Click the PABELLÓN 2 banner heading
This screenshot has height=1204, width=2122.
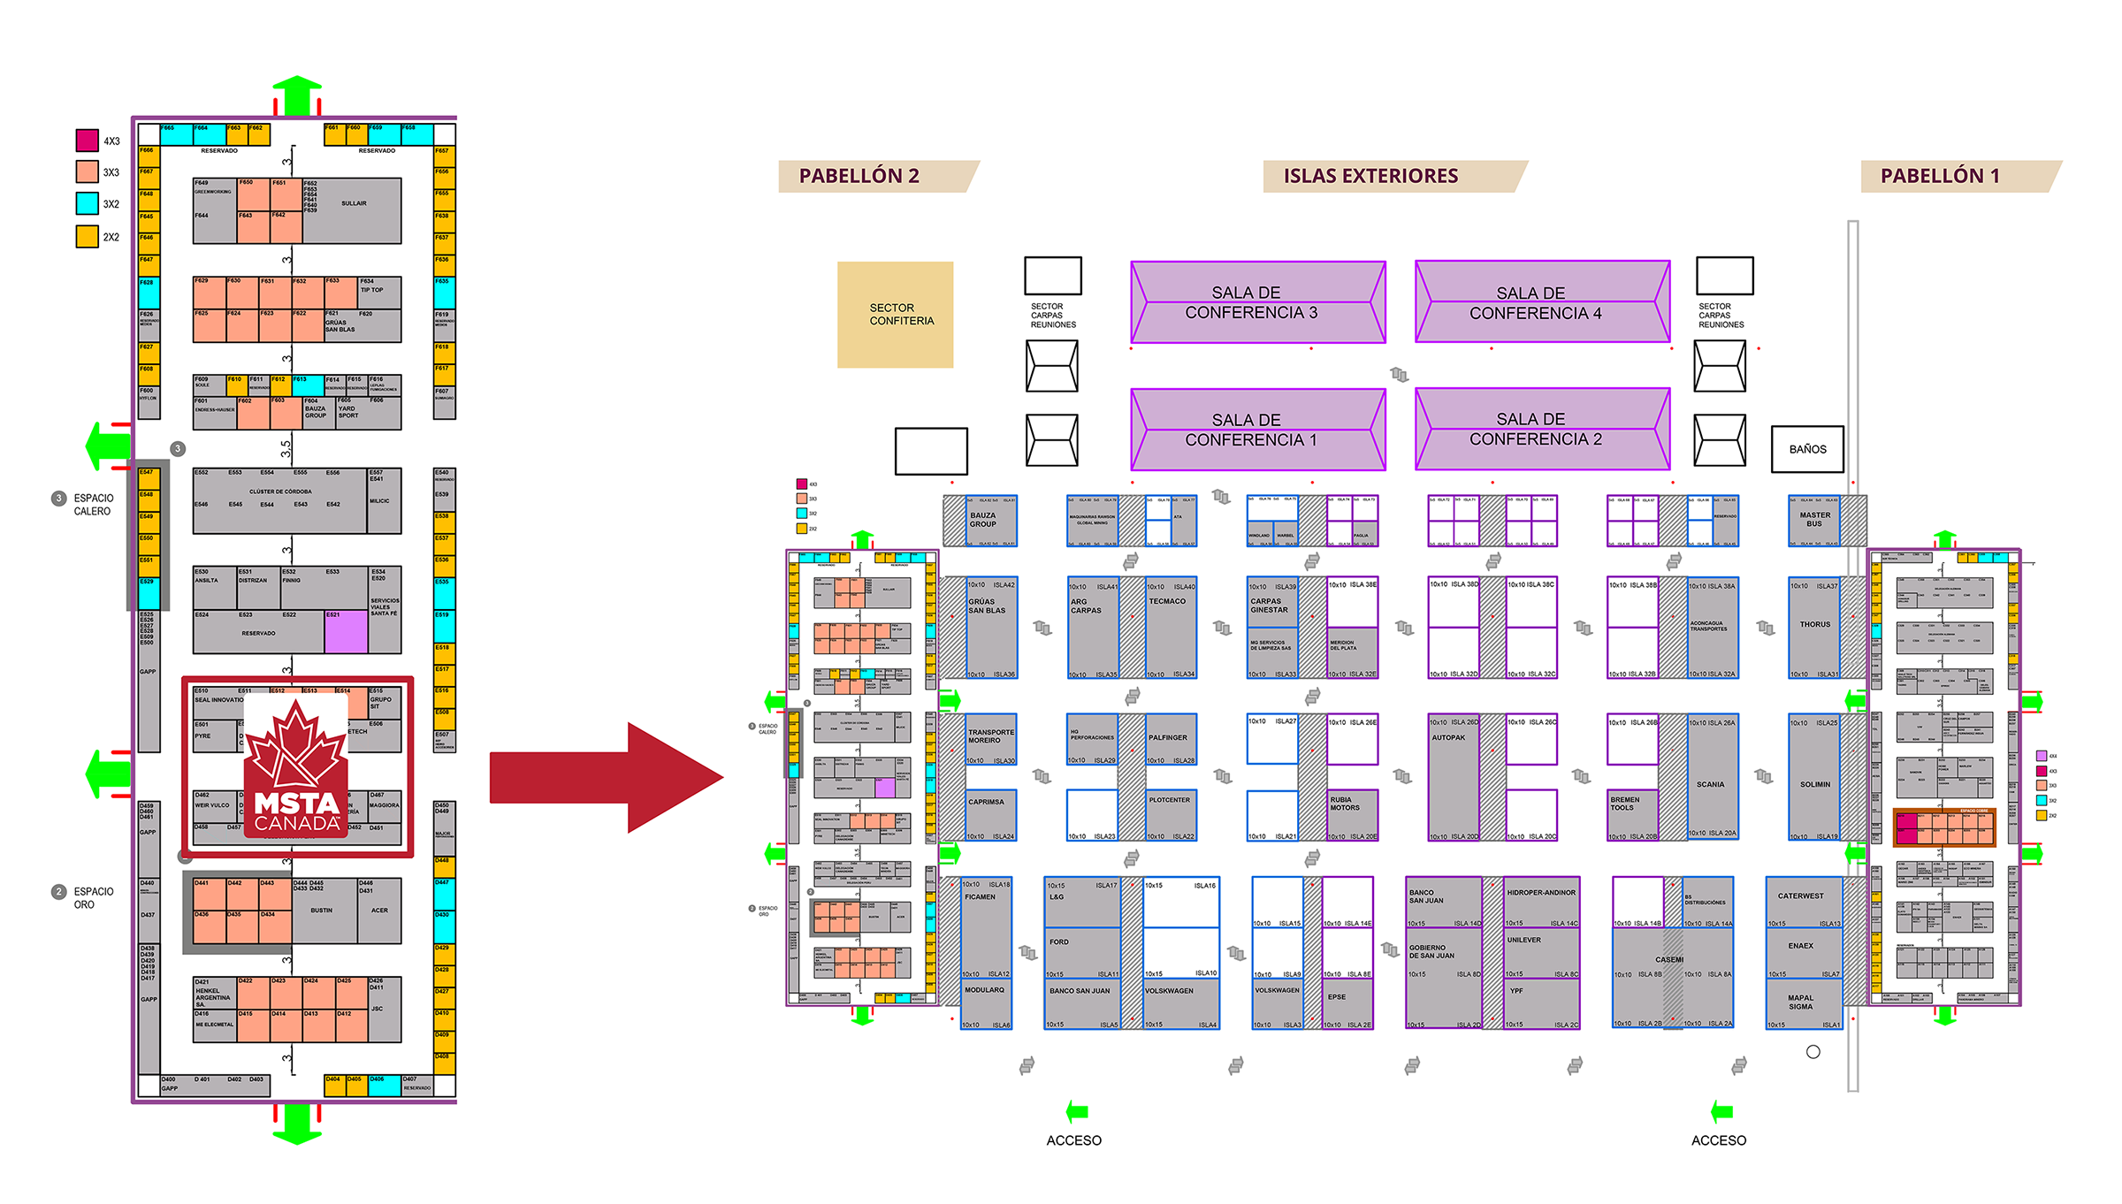(859, 176)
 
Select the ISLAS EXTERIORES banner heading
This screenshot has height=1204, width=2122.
(1370, 176)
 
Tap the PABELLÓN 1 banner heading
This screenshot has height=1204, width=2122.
(1939, 176)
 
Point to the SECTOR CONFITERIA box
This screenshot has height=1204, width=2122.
(896, 315)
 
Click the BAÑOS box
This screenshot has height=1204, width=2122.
(1807, 449)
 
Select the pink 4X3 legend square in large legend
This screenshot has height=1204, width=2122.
(87, 141)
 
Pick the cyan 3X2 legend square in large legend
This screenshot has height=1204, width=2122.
(87, 203)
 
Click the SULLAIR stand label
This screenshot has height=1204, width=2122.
(354, 203)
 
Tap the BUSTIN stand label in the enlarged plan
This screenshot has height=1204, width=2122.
(321, 910)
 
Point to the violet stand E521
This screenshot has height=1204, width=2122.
(346, 631)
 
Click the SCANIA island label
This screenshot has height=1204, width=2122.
(1710, 784)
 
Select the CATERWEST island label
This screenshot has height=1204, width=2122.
(1800, 895)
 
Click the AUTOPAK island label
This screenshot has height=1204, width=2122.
(1448, 737)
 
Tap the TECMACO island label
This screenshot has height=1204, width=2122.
(1167, 601)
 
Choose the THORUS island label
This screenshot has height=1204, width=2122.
(1814, 624)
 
